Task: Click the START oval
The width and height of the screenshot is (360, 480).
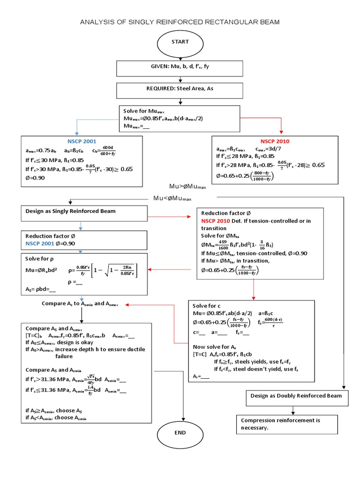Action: pos(180,42)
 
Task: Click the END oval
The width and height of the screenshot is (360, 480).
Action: pos(180,432)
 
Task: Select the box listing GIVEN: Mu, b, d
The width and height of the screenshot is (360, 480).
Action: pos(180,67)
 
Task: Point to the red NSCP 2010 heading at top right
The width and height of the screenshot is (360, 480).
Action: pos(275,141)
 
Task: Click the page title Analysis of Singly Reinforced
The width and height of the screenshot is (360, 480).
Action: pos(180,22)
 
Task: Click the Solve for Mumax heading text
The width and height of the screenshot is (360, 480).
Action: pos(143,111)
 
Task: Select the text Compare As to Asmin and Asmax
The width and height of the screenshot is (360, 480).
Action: pos(80,304)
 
